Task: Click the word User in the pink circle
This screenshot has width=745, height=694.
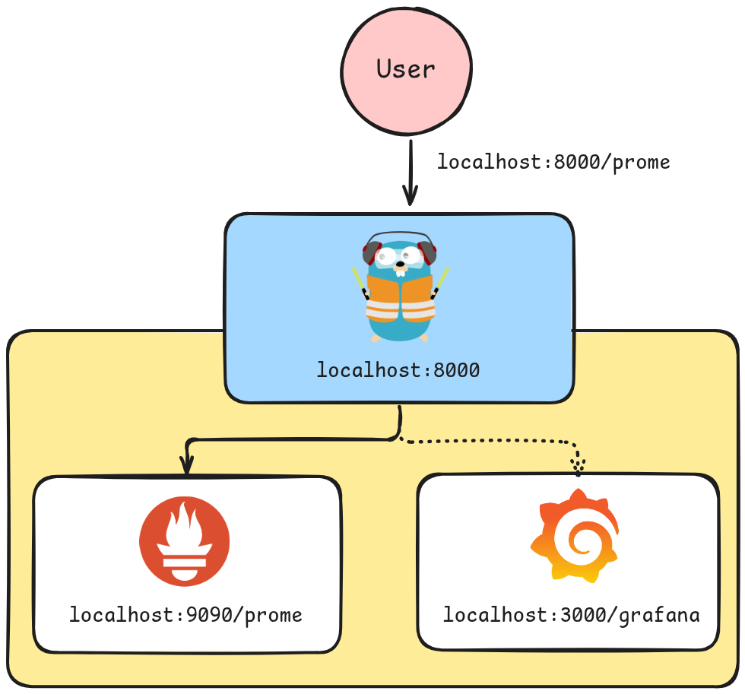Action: click(406, 69)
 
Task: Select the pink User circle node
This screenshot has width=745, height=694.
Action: click(407, 99)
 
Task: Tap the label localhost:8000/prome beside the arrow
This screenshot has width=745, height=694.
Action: click(553, 162)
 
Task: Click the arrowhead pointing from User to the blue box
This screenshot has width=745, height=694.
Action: click(411, 197)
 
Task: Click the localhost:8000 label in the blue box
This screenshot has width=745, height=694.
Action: click(398, 371)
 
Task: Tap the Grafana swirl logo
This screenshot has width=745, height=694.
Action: click(574, 536)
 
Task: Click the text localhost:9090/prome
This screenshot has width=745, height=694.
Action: click(186, 614)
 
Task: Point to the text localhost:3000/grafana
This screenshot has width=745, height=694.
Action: click(571, 614)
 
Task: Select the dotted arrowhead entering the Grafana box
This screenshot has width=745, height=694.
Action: click(579, 466)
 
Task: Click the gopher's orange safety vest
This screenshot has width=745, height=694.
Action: click(400, 298)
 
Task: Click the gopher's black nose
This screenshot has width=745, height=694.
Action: click(400, 265)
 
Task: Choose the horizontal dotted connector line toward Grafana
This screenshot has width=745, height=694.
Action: click(487, 441)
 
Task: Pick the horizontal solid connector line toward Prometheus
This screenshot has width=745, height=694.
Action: click(289, 439)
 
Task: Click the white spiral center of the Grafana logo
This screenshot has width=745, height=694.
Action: click(578, 542)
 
